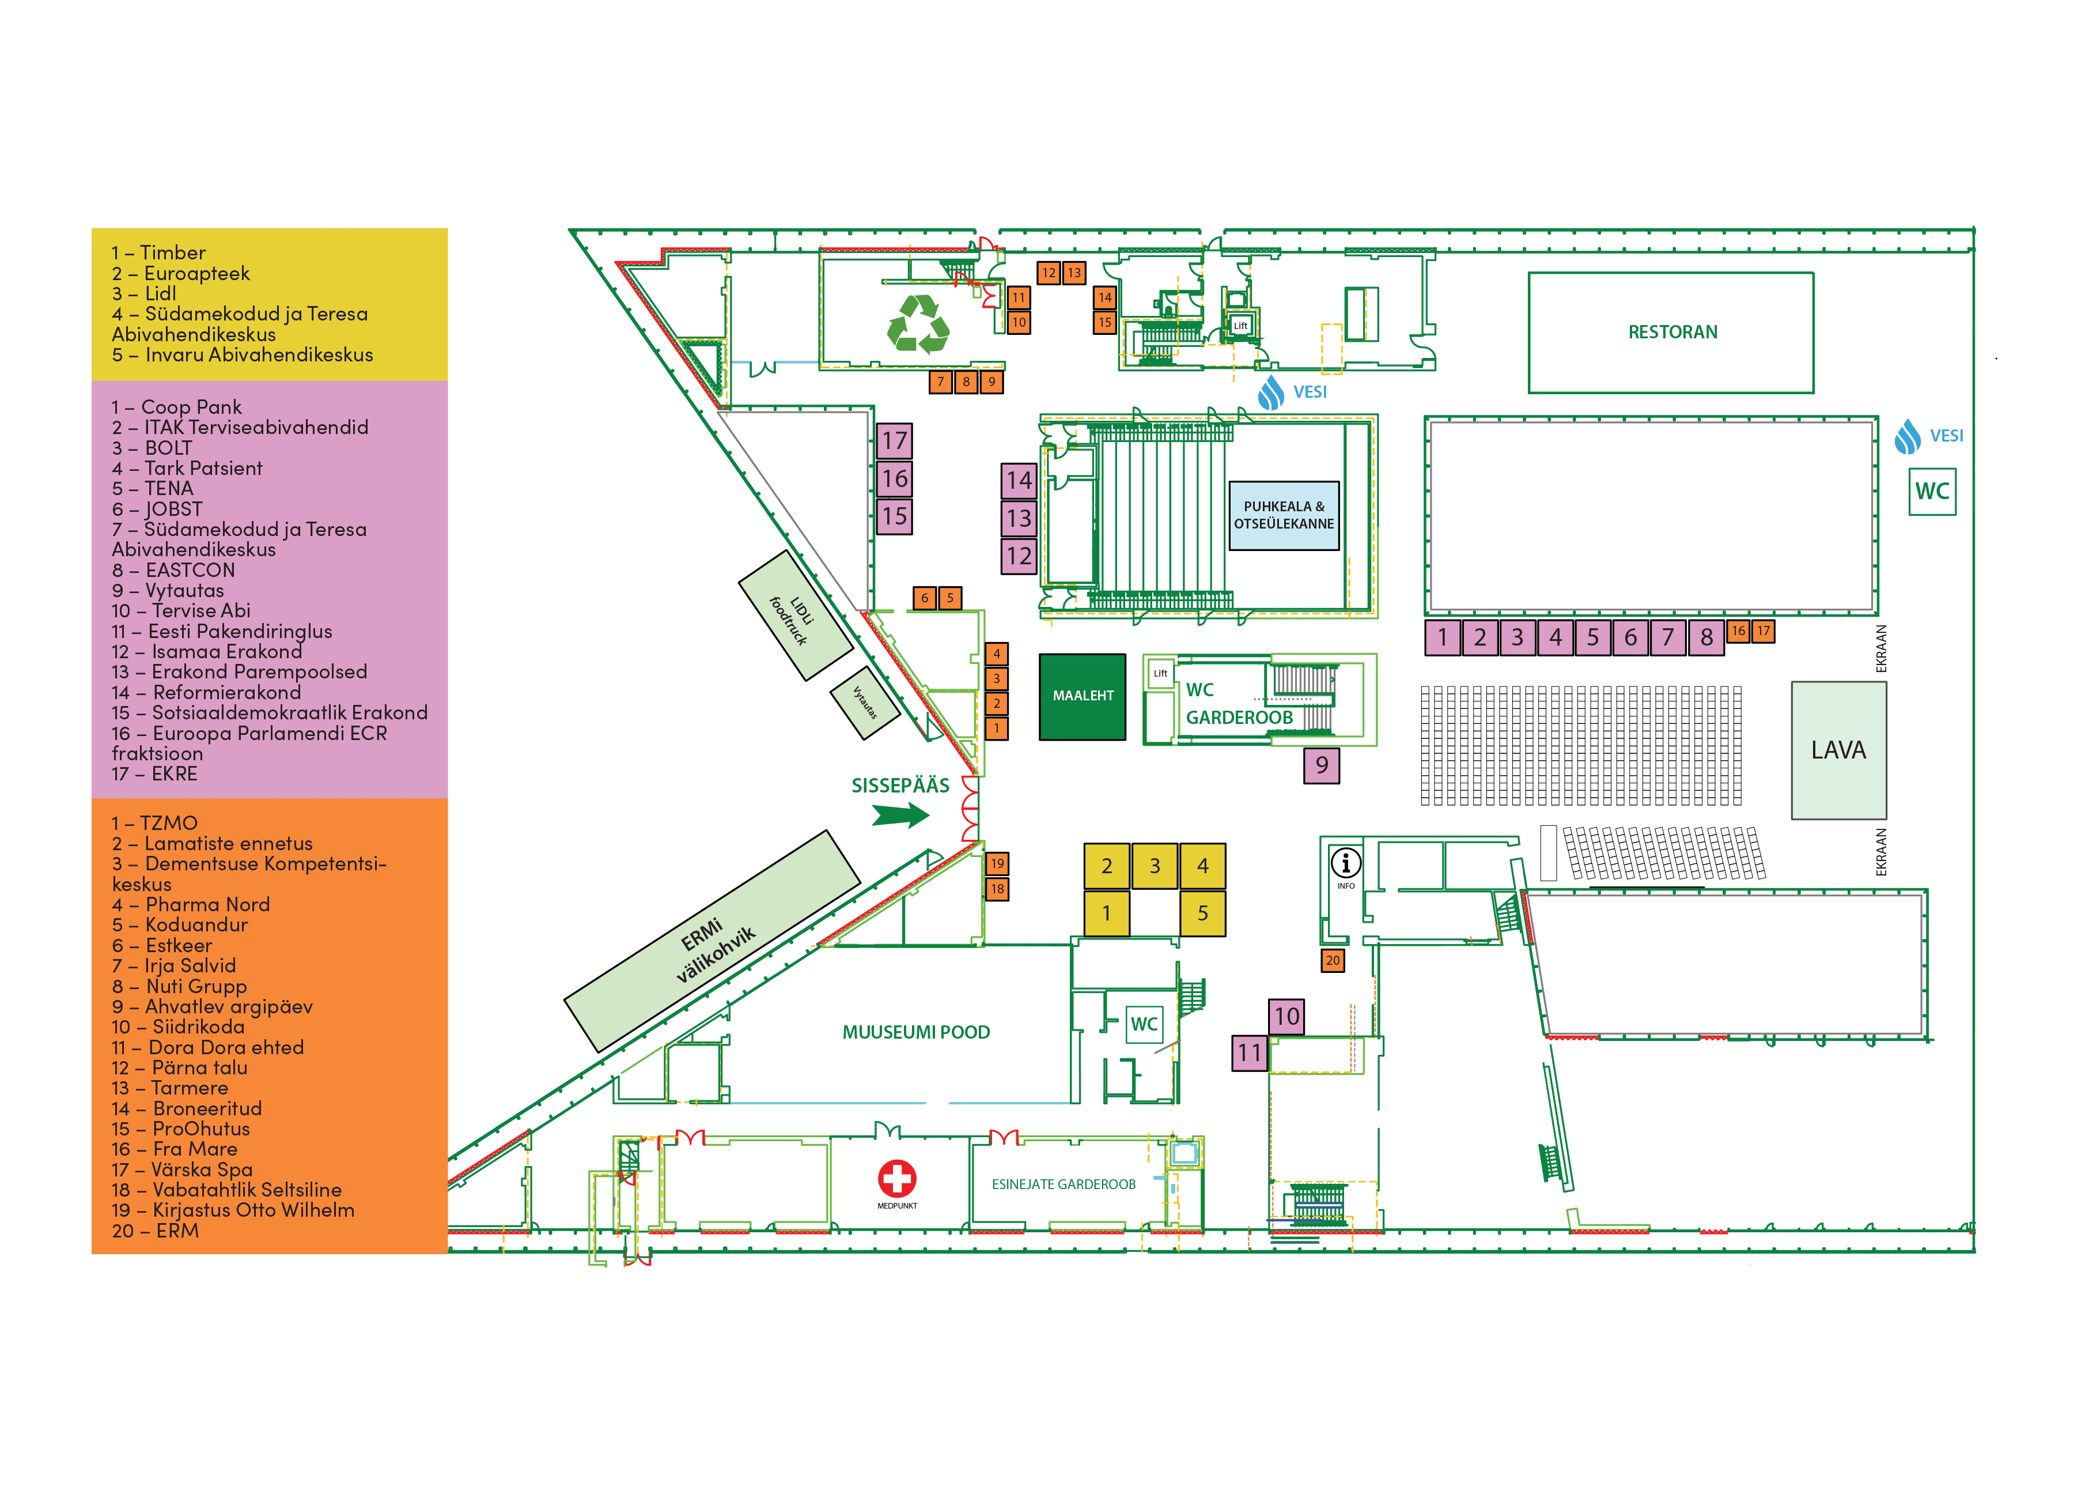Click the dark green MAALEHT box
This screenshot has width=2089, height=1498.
(x=1083, y=696)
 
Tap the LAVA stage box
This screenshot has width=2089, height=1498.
(x=1838, y=750)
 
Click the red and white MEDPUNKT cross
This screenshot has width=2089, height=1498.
(x=896, y=1178)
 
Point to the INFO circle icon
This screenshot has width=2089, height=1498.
(x=1346, y=863)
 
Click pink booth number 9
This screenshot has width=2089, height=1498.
(x=1321, y=765)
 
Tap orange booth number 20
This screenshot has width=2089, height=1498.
(x=1332, y=960)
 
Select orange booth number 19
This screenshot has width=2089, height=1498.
(x=997, y=863)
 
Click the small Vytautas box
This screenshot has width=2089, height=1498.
(x=864, y=703)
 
